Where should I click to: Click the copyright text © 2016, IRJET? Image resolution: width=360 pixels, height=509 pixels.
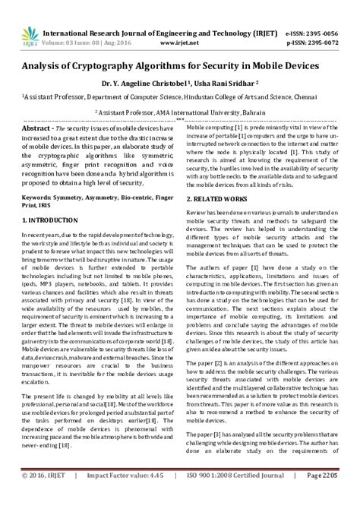45,498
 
